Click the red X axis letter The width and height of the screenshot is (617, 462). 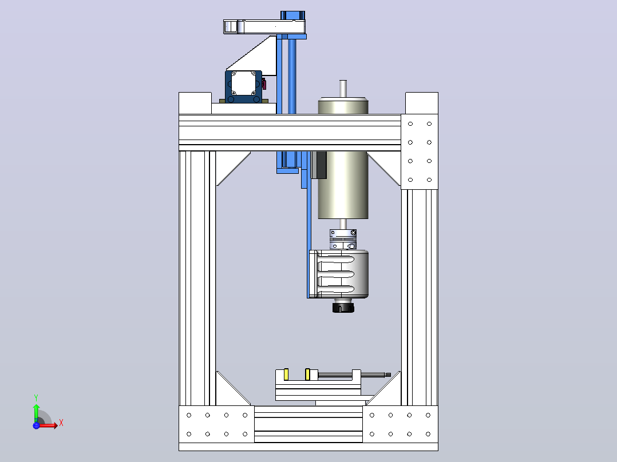click(61, 423)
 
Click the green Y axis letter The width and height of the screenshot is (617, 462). click(36, 398)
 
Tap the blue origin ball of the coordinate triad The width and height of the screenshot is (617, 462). click(36, 425)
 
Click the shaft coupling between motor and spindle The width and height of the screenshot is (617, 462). click(343, 239)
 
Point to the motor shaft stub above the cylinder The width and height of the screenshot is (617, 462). click(343, 89)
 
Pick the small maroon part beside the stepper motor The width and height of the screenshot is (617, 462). click(264, 83)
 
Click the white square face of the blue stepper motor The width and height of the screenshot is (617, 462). click(243, 83)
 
